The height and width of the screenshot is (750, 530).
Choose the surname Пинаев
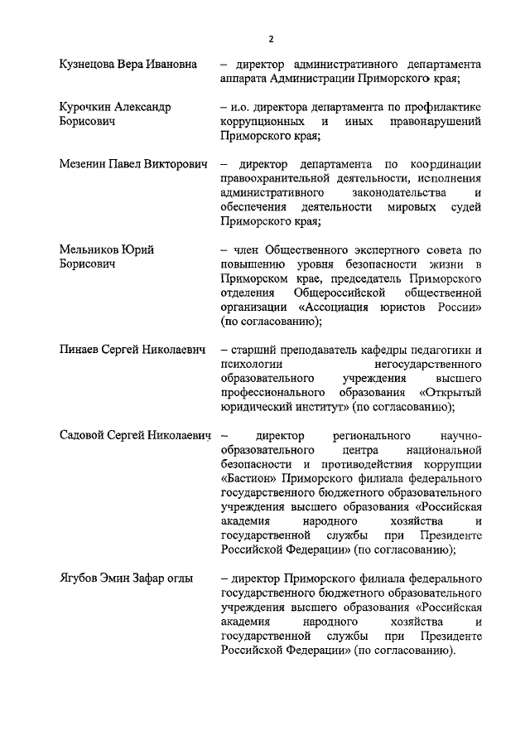(80, 351)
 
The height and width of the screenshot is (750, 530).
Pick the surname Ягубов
(81, 578)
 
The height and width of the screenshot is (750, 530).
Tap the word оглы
(175, 578)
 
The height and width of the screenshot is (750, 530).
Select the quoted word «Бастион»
(251, 478)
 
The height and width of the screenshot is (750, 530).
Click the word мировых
(412, 207)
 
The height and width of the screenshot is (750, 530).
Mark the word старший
(256, 351)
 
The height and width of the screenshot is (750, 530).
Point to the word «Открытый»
(450, 394)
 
